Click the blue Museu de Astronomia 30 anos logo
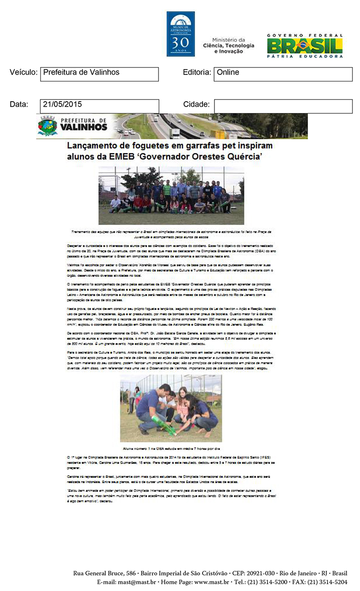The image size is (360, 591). (180, 34)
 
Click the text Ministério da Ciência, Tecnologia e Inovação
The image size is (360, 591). (229, 45)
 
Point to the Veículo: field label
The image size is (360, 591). (23, 72)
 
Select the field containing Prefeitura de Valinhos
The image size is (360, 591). (99, 74)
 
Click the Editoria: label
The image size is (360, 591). (197, 72)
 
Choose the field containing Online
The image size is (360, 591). (283, 74)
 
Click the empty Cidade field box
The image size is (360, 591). (283, 106)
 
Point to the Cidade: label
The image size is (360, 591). (196, 105)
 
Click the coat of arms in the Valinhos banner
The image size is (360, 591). (47, 126)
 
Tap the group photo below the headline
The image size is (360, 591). (171, 195)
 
